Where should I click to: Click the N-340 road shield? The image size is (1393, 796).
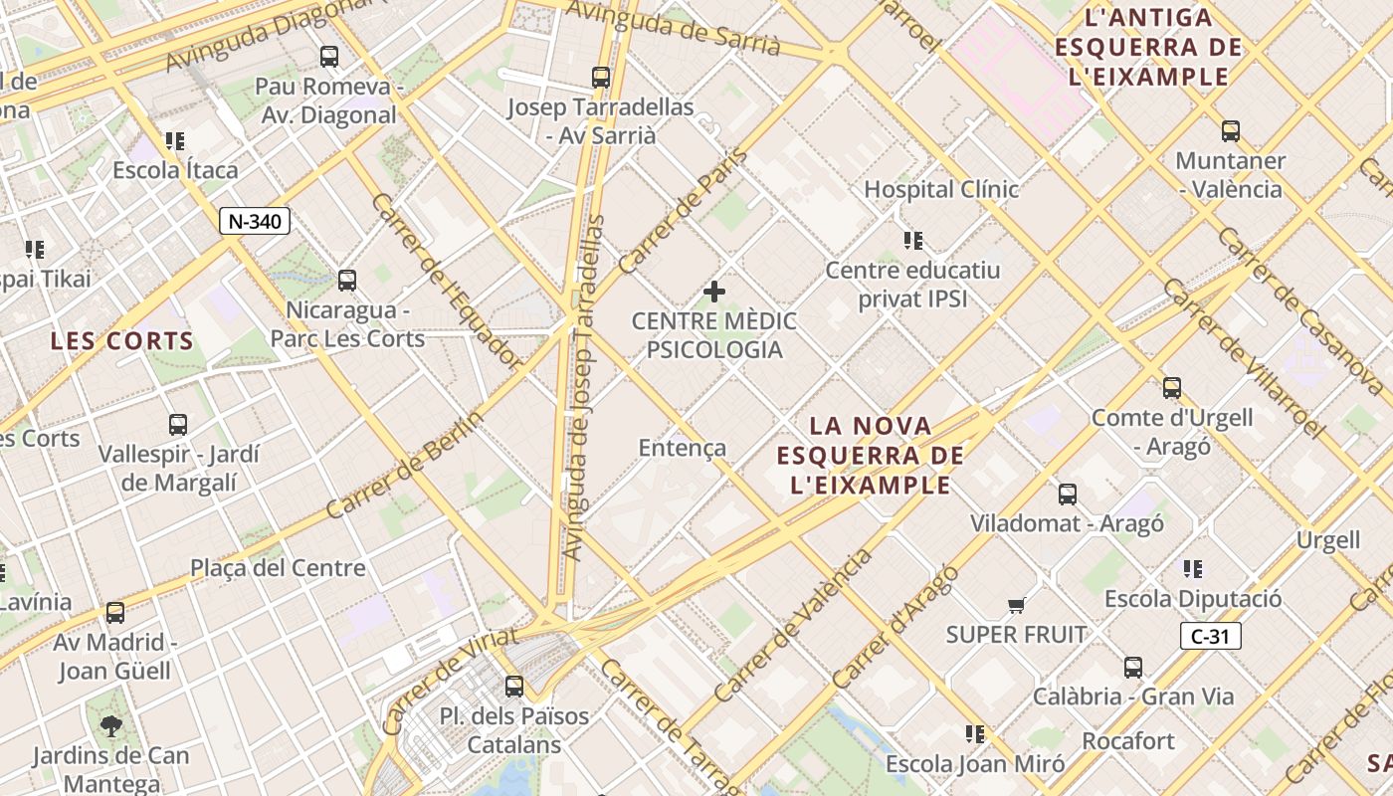[x=255, y=221]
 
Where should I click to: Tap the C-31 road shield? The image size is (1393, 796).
[x=1211, y=636]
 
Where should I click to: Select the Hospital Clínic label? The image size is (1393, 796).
[x=941, y=189]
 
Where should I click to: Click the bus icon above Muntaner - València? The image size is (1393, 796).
[x=1231, y=130]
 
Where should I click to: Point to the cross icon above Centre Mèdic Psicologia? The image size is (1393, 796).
[x=714, y=292]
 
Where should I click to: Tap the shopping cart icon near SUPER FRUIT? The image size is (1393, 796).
[x=1016, y=605]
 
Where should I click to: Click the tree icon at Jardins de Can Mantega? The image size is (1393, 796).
[x=111, y=725]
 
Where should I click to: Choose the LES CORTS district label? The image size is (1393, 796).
[x=122, y=341]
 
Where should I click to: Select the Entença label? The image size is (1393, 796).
[x=683, y=448]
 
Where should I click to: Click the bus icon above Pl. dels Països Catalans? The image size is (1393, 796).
[x=514, y=686]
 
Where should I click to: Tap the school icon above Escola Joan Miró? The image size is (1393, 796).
[x=975, y=734]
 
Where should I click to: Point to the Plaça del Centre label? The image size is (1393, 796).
[x=279, y=568]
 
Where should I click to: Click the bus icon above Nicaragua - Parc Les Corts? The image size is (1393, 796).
[x=347, y=281]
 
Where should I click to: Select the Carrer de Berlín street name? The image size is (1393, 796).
[x=405, y=465]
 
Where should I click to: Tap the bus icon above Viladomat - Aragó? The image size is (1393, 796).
[x=1068, y=494]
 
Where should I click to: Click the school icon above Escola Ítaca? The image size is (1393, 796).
[x=175, y=141]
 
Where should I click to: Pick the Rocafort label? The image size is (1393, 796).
[x=1128, y=741]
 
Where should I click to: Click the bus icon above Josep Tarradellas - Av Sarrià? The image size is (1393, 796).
[x=600, y=77]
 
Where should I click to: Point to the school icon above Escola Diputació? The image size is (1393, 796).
[x=1192, y=569]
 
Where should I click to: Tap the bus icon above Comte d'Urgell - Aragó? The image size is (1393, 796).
[x=1172, y=388]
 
